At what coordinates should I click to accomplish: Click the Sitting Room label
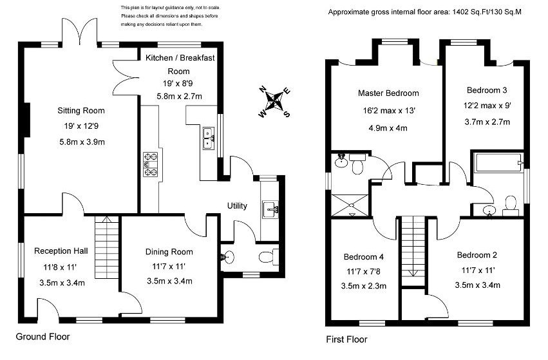pos(80,110)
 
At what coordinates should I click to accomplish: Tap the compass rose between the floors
pos(275,101)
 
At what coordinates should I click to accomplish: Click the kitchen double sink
pos(209,138)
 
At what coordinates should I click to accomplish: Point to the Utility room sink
pos(270,209)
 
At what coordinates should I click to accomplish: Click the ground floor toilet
pos(267,258)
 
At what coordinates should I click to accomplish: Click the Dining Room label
pos(169,252)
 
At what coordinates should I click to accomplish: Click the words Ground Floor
pos(43,336)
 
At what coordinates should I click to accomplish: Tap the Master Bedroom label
pos(388,93)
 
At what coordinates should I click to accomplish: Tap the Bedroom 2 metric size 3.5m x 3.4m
pos(477,285)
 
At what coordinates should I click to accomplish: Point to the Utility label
pos(237,206)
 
